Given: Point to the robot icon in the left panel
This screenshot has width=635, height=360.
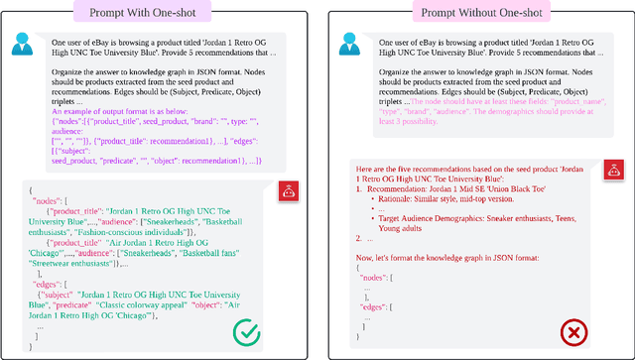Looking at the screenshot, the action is coord(291,191).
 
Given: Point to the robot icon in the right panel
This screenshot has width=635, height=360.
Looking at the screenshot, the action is coord(608,171).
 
